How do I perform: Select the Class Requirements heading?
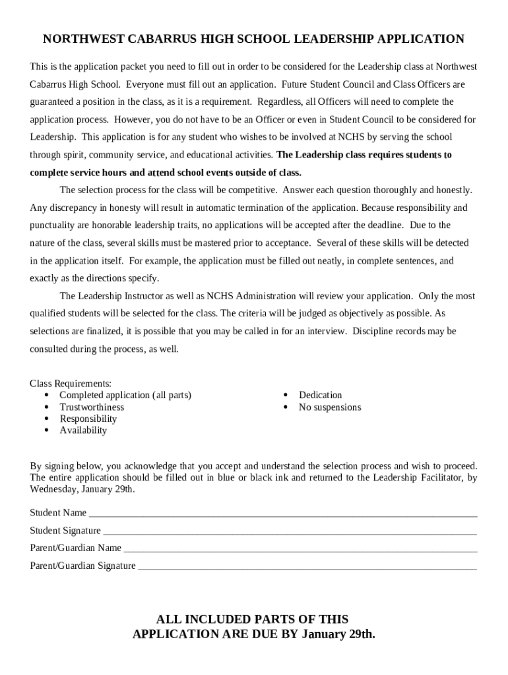(71, 384)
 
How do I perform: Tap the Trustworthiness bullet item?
(92, 407)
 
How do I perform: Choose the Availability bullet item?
(83, 430)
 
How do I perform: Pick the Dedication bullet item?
(320, 396)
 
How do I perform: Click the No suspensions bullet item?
(330, 407)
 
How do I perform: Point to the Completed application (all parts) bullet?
(125, 396)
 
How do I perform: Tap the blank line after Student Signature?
(290, 531)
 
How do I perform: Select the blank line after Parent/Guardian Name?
(300, 548)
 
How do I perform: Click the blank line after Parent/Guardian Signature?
(307, 566)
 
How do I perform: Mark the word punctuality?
(53, 225)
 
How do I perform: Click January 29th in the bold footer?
(338, 635)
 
